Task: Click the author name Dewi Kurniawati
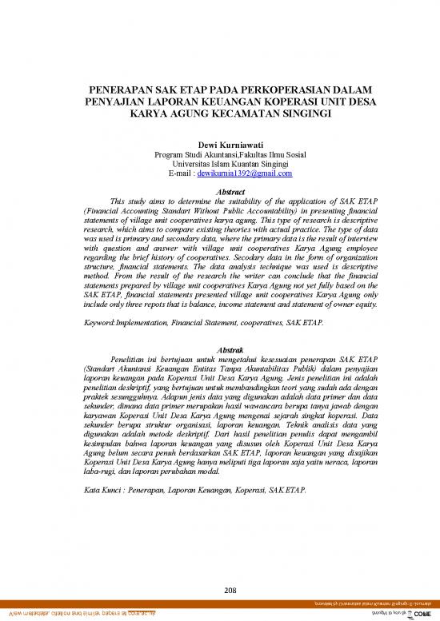coord(219,146)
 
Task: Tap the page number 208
coord(220,568)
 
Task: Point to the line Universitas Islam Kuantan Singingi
coord(219,165)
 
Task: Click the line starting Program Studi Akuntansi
coord(219,155)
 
